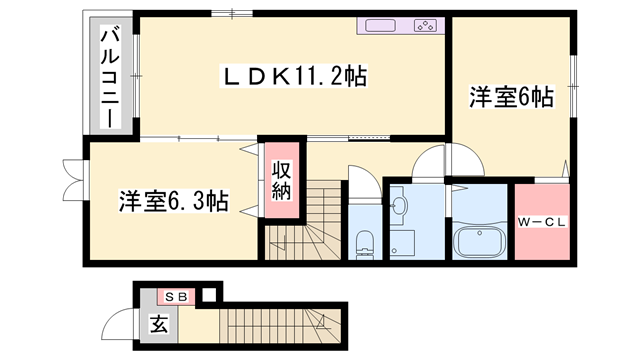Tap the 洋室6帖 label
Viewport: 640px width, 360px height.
pyautogui.click(x=512, y=98)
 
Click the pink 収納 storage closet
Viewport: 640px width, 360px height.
pyautogui.click(x=281, y=180)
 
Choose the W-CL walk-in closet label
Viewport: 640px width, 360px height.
pyautogui.click(x=542, y=221)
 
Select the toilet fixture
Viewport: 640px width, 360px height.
pyautogui.click(x=364, y=239)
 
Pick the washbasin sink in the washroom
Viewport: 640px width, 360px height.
pyautogui.click(x=400, y=206)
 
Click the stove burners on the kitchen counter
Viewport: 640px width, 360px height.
pyautogui.click(x=424, y=27)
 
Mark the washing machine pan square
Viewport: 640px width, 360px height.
pyautogui.click(x=403, y=242)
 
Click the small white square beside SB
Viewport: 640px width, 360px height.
pyautogui.click(x=207, y=296)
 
